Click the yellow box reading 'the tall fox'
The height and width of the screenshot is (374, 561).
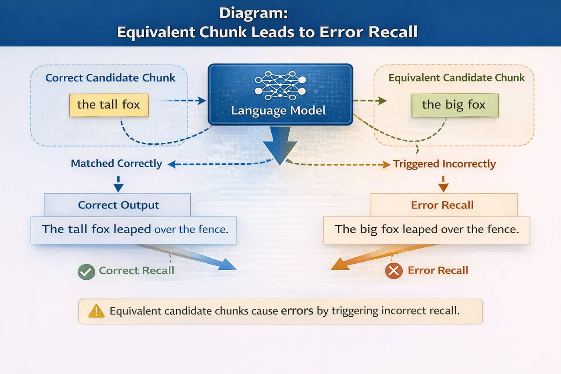tap(109, 105)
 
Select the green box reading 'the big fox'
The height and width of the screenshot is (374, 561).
tap(455, 105)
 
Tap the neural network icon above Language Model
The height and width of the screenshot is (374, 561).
tap(280, 85)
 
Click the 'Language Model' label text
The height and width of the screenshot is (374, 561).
tap(278, 111)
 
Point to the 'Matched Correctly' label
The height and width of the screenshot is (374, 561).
tap(116, 164)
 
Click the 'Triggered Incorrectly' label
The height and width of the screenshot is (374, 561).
tap(444, 164)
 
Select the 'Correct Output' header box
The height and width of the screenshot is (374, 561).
tap(117, 205)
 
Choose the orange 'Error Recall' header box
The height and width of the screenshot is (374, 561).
tap(443, 205)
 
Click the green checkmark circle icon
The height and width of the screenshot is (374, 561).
tap(86, 272)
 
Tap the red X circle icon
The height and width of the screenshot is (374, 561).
tap(394, 271)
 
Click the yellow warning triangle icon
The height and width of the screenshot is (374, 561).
tap(96, 311)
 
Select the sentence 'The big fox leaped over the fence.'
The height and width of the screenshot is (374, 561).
tap(427, 229)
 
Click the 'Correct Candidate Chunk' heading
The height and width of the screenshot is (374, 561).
tap(110, 78)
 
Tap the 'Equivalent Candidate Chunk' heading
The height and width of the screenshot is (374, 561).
tap(456, 78)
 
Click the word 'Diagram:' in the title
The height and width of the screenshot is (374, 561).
tap(253, 13)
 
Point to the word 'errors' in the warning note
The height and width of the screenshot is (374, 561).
tap(297, 311)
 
